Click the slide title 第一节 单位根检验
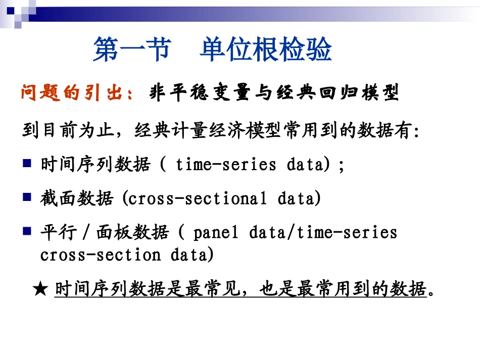point(212,50)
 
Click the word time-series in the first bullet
point(226,165)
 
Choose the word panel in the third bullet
point(215,232)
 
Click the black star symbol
point(40,289)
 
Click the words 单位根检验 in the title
point(265,50)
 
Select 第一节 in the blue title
point(132,50)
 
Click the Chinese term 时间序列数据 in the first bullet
point(95,165)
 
